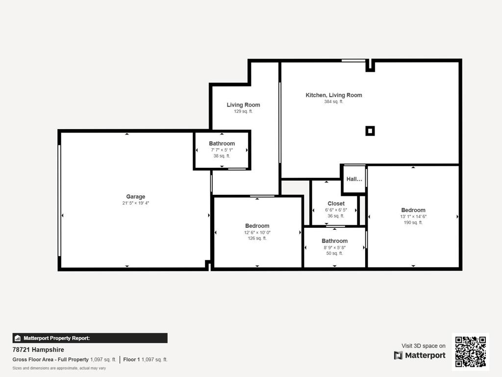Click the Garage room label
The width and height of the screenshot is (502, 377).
click(135, 197)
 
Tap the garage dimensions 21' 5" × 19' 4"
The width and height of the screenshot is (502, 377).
click(135, 203)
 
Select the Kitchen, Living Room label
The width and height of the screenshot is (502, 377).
click(333, 95)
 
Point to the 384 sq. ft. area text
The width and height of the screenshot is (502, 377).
click(333, 102)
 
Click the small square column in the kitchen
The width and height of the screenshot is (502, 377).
click(370, 131)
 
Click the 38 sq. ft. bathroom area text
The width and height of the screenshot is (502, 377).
click(222, 156)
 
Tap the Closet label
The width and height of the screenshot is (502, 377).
click(336, 204)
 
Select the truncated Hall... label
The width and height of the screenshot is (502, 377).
click(354, 179)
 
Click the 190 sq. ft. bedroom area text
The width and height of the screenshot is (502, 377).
click(413, 222)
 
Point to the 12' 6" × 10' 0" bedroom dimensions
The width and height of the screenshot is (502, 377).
click(257, 232)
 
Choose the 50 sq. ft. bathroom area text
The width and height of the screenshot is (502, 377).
click(334, 253)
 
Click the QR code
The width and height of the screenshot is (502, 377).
click(470, 351)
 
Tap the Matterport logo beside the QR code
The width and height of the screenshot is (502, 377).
click(420, 355)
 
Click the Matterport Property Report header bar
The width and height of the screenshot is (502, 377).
click(90, 338)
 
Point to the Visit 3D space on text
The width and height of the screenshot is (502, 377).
click(423, 346)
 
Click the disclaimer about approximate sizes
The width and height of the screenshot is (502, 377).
click(59, 368)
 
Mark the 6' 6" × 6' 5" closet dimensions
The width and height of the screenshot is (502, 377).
click(336, 210)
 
